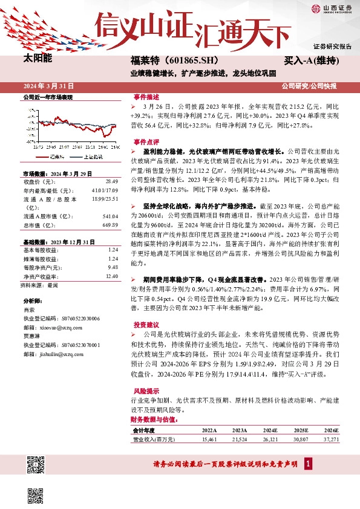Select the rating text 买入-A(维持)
311,61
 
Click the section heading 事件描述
146,97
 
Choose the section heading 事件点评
146,141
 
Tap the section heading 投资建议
146,324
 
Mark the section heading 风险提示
146,391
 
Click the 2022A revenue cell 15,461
208,439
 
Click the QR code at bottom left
36,465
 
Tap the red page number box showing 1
309,464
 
